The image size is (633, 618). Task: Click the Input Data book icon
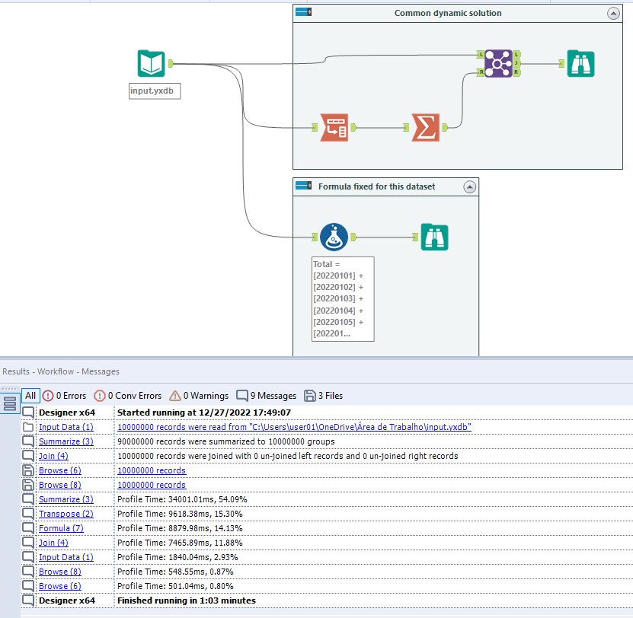coord(151,64)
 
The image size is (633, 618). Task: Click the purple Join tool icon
coord(497,63)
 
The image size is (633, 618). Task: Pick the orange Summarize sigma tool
coord(425,127)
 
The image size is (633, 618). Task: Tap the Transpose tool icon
coord(333,127)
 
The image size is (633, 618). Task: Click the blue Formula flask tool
coord(334,237)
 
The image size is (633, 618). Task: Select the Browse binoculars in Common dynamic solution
coord(580,64)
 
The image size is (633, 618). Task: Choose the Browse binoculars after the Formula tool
coord(434,237)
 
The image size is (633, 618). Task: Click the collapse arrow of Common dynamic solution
coord(613,13)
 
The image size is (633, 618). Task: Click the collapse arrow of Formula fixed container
coord(469,186)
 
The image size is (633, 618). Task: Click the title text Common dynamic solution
coord(448,13)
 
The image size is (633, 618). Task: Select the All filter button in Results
coord(30,396)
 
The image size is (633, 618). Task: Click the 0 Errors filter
coord(64,396)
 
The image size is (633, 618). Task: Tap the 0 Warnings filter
coord(198,396)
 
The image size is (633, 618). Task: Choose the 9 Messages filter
coord(266,396)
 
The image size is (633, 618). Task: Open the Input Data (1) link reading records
coord(66,427)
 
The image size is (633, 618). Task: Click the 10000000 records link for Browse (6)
coord(151,470)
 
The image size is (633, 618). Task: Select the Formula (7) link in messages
coord(61,527)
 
